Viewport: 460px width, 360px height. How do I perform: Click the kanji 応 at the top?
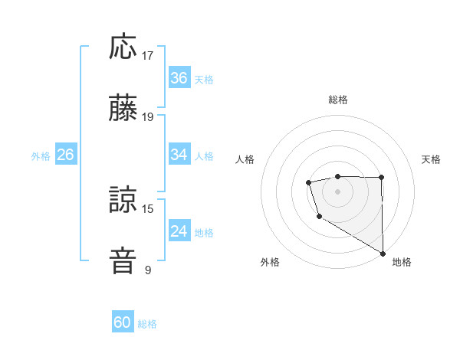pyautogui.click(x=123, y=47)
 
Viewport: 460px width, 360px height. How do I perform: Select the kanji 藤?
pyautogui.click(x=123, y=108)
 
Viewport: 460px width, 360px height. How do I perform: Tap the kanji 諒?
pyautogui.click(x=123, y=200)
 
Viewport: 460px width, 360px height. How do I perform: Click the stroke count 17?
pyautogui.click(x=149, y=56)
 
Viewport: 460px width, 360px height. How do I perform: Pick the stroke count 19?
pyautogui.click(x=149, y=117)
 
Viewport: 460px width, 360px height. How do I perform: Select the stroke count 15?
pyautogui.click(x=149, y=208)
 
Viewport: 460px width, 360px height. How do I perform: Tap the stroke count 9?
pyautogui.click(x=148, y=270)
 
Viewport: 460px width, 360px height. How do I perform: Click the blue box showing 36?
pyautogui.click(x=179, y=78)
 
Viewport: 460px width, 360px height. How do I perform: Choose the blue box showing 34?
pyautogui.click(x=179, y=155)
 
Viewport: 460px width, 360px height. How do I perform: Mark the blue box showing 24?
pyautogui.click(x=179, y=231)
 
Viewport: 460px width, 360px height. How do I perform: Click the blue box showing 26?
pyautogui.click(x=65, y=155)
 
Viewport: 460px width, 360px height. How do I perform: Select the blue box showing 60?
pyautogui.click(x=123, y=322)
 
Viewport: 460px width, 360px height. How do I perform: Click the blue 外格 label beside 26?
pyautogui.click(x=41, y=156)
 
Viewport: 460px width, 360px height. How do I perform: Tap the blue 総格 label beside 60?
pyautogui.click(x=147, y=324)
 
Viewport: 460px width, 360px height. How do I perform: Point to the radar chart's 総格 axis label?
pyautogui.click(x=337, y=100)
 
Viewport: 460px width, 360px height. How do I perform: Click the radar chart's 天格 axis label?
pyautogui.click(x=432, y=159)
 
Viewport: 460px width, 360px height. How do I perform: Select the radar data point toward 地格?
pyautogui.click(x=383, y=253)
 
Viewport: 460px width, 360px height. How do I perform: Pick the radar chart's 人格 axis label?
pyautogui.click(x=245, y=159)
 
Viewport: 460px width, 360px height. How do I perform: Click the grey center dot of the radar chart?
pyautogui.click(x=337, y=191)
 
